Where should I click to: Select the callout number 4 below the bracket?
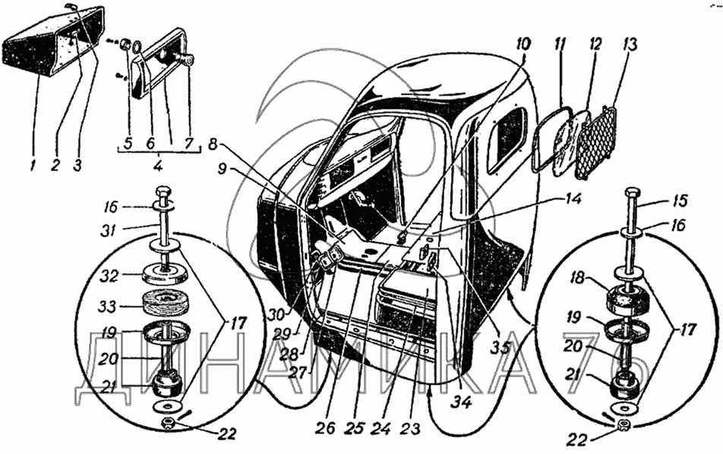coord(158,165)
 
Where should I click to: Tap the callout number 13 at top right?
coord(630,45)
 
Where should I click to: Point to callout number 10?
coord(523,44)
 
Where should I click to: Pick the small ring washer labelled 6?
coord(137,48)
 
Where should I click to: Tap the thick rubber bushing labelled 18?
coord(630,298)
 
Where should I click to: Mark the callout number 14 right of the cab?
coord(572,199)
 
